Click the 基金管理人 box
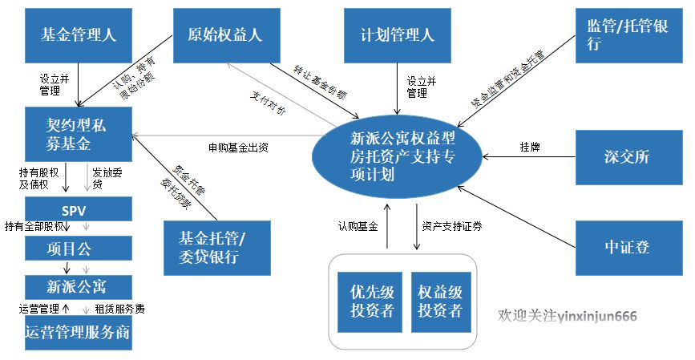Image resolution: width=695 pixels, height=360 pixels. [78, 35]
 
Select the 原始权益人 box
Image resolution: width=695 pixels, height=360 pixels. [225, 35]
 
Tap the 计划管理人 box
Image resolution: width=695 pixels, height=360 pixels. [397, 35]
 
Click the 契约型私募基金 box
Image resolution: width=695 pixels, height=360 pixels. [78, 134]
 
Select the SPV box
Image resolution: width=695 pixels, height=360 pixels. [78, 210]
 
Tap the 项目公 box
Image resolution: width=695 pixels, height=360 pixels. [78, 249]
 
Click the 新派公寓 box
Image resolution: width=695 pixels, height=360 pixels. [78, 286]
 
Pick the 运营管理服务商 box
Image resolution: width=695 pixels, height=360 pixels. [78, 332]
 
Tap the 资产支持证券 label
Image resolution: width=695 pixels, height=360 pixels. [451, 226]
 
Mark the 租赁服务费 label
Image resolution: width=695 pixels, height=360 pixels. [119, 308]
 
